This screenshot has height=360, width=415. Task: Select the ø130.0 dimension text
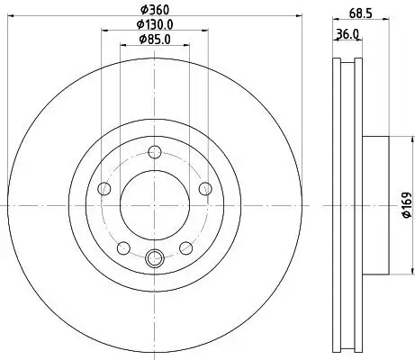pos(154,24)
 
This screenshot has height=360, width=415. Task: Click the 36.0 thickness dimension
pos(347,35)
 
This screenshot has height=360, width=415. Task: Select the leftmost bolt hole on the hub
pos(104,188)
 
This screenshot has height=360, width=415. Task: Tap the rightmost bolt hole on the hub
pos(204,188)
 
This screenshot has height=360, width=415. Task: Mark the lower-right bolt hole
pos(185,247)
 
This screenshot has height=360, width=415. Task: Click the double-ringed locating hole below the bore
pos(154,259)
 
